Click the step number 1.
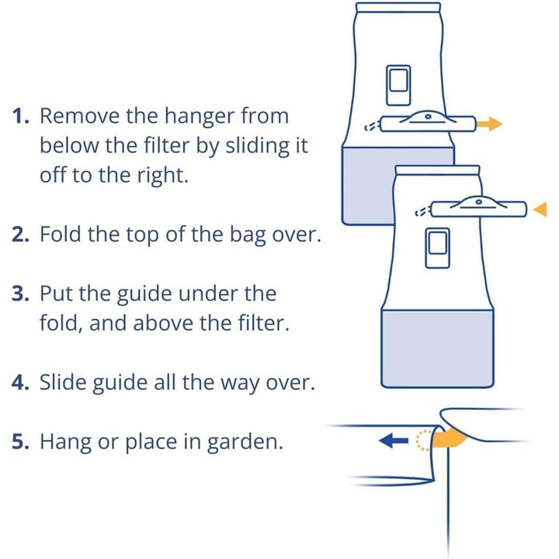coord(20,116)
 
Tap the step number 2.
coord(20,234)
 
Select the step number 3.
coord(20,293)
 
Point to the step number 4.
coord(20,383)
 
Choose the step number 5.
coord(20,442)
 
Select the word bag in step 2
coord(248,236)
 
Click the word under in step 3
coord(208,294)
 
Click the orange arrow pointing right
coord(489,124)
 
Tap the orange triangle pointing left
coord(540,209)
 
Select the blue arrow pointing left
coord(394,441)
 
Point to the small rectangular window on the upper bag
coord(398,85)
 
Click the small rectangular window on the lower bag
coord(438,248)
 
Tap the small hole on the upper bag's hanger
coord(428,116)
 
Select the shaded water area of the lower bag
coord(437,349)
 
